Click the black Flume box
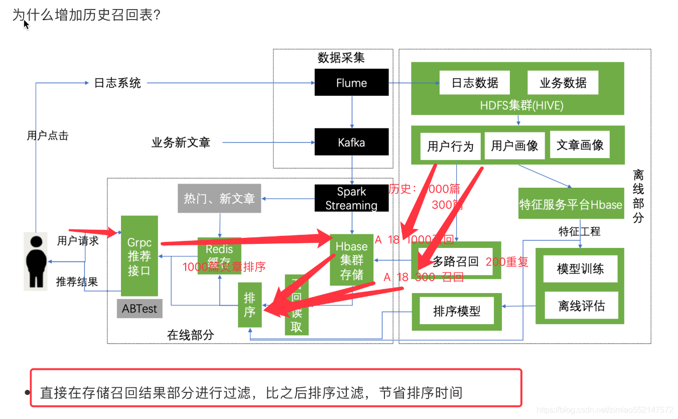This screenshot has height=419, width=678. [351, 82]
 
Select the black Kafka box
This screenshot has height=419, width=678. [351, 142]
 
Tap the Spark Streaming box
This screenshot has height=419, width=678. [351, 198]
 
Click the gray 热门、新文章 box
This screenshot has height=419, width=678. [219, 198]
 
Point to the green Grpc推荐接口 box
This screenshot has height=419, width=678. [140, 256]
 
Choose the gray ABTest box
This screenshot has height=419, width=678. [140, 309]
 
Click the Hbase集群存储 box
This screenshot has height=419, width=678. [351, 260]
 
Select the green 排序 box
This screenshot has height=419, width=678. [249, 305]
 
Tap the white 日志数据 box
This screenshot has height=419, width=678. [475, 82]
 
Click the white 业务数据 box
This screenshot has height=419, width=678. [563, 82]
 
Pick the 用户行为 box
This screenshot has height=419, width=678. [450, 146]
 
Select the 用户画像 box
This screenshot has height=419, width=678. [514, 146]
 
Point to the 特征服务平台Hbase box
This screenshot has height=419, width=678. [571, 204]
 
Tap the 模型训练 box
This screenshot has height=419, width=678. [580, 268]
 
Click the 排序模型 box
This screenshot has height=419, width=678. [457, 311]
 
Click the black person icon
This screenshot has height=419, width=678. [36, 261]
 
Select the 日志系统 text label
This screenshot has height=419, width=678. [118, 83]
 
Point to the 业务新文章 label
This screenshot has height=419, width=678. [181, 143]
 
